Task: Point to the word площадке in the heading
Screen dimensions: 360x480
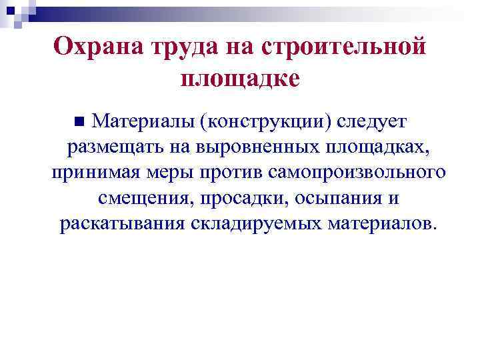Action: pyautogui.click(x=240, y=79)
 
